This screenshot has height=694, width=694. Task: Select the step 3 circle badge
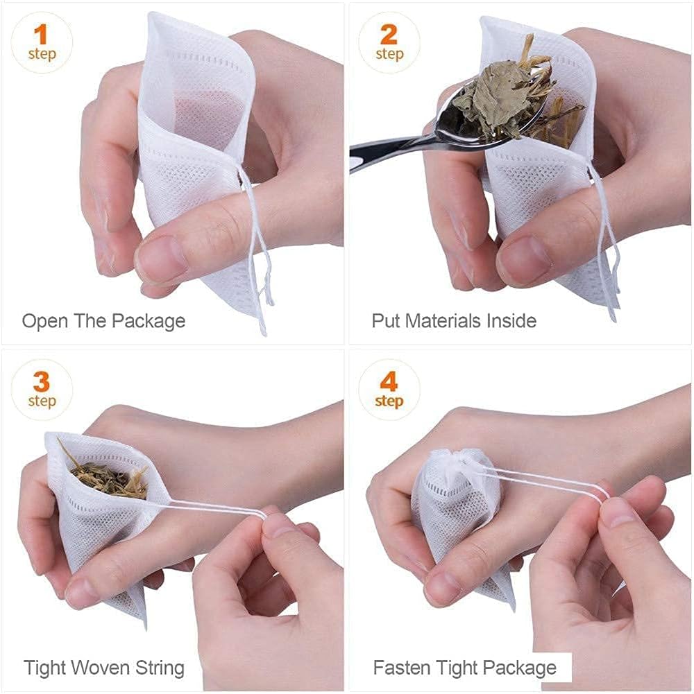tap(42, 390)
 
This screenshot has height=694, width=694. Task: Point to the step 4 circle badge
tap(389, 390)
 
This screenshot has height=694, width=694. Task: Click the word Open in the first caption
tap(45, 322)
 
